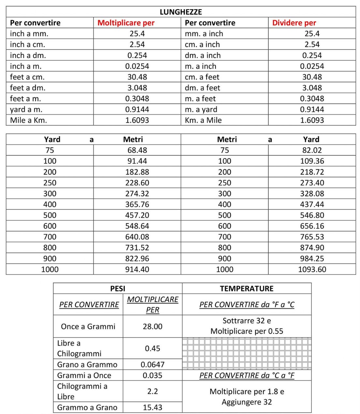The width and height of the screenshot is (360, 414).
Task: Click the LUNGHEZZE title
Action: pyautogui.click(x=181, y=12)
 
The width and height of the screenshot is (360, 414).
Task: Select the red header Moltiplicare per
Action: pyautogui.click(x=126, y=23)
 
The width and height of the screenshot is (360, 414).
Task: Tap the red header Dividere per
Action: pyautogui.click(x=294, y=23)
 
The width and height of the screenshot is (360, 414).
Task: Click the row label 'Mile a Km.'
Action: pyautogui.click(x=29, y=120)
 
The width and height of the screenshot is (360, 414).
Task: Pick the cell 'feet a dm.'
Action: pyautogui.click(x=28, y=88)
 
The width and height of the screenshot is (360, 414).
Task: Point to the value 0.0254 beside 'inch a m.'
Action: pyautogui.click(x=137, y=66)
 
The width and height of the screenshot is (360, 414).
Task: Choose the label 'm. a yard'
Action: pyautogui.click(x=201, y=109)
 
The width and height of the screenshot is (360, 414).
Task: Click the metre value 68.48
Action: pyautogui.click(x=137, y=150)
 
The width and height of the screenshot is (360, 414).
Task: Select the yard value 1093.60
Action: pyautogui.click(x=312, y=269)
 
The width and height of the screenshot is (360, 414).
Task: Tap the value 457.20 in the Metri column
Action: pyautogui.click(x=137, y=215)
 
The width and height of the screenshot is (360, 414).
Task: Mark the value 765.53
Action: pyautogui.click(x=312, y=237)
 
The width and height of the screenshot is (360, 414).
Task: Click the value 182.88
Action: pyautogui.click(x=137, y=172)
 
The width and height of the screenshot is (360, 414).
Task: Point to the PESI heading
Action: pyautogui.click(x=118, y=288)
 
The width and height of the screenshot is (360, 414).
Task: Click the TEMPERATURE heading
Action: pyautogui.click(x=247, y=288)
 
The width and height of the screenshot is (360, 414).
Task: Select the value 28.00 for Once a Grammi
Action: pyautogui.click(x=152, y=326)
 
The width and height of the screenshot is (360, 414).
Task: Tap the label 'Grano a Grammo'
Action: pyautogui.click(x=87, y=365)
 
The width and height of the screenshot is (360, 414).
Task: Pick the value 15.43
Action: pyautogui.click(x=152, y=407)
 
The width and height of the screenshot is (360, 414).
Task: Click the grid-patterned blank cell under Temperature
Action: pyautogui.click(x=247, y=353)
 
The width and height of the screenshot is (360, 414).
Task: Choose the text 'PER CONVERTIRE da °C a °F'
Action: pyautogui.click(x=247, y=375)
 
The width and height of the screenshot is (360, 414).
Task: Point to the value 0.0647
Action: pyautogui.click(x=152, y=365)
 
